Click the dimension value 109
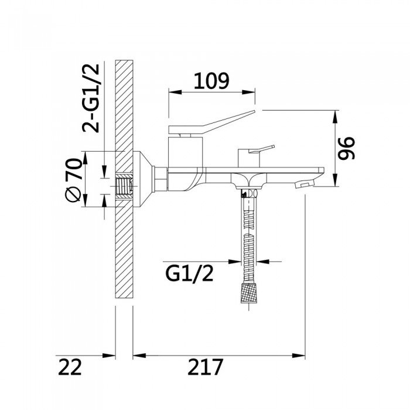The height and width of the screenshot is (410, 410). tap(211, 81)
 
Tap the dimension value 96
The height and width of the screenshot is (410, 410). tap(347, 148)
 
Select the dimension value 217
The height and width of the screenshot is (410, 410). tap(206, 367)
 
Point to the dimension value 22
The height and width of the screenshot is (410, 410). tap(70, 367)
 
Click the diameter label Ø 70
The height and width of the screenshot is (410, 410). tap(73, 180)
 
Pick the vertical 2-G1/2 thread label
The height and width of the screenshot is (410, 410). tap(91, 98)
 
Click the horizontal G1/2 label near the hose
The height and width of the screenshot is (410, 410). tap(189, 274)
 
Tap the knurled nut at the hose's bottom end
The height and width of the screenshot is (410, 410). tap(248, 292)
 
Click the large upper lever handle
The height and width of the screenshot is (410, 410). tap(211, 122)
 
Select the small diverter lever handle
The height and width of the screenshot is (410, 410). tap(261, 149)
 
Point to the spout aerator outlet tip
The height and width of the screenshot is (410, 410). tap(303, 185)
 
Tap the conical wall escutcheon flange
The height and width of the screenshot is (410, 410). tap(143, 179)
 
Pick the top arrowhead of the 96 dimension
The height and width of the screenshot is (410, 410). tap(335, 117)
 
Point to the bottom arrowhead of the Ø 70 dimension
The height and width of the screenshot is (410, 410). tap(85, 200)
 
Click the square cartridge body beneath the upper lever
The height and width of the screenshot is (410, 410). tap(186, 151)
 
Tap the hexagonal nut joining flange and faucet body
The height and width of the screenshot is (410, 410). tap(161, 179)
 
